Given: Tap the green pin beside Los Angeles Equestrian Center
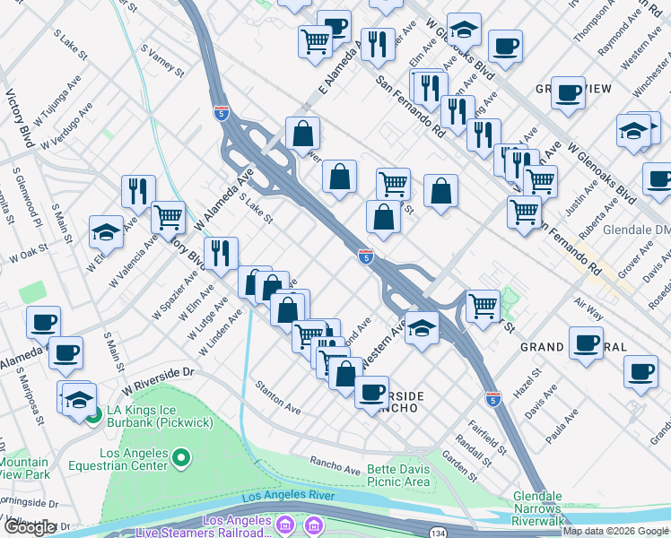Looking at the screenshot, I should (181, 459).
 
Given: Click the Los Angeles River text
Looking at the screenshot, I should (288, 496).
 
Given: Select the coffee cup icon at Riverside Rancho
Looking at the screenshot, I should (371, 391).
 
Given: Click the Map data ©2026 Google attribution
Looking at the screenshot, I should (616, 531).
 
